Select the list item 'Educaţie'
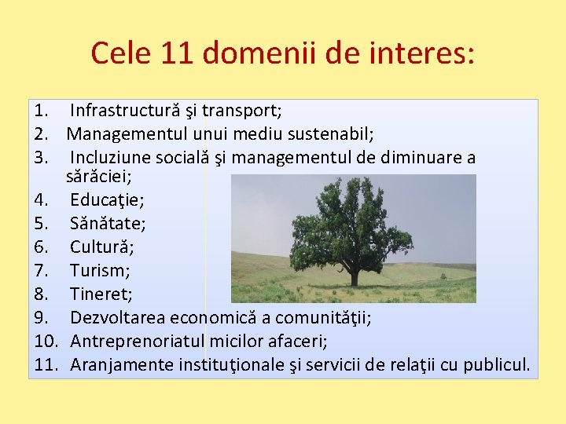(x=101, y=200)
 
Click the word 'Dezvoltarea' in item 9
(x=115, y=318)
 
